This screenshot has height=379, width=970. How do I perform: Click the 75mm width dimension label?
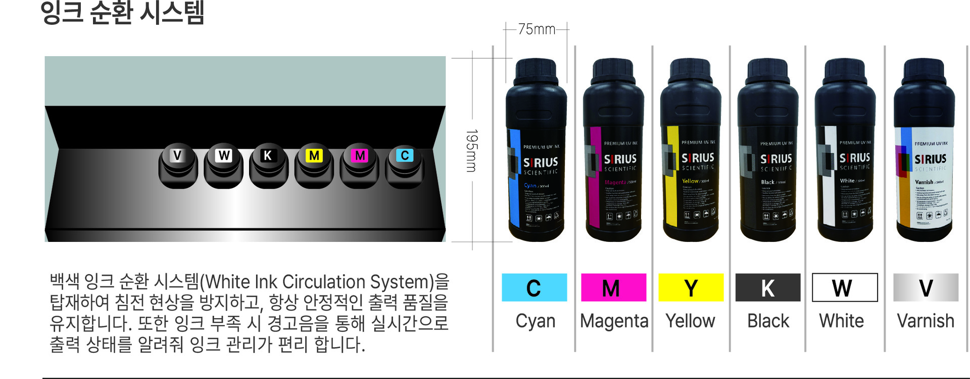tap(537, 29)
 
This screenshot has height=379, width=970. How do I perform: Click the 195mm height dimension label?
tap(471, 150)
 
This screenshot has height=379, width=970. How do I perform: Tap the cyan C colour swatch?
tap(534, 287)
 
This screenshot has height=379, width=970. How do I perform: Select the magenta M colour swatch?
tap(613, 287)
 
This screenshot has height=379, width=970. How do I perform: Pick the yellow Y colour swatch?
tap(691, 287)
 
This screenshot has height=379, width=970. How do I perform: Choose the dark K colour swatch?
tap(767, 287)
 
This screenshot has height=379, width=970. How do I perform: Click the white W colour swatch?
tap(844, 287)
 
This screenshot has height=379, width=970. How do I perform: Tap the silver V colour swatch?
tap(926, 287)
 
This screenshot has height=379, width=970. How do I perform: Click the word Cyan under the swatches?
tap(535, 321)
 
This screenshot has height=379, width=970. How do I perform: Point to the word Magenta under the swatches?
tap(614, 321)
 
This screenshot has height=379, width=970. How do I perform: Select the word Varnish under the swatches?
tap(925, 321)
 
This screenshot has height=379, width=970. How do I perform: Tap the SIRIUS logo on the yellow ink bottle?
tap(698, 158)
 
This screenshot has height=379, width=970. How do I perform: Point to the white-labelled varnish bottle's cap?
tap(924, 71)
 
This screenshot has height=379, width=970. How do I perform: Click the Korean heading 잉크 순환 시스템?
tap(122, 13)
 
